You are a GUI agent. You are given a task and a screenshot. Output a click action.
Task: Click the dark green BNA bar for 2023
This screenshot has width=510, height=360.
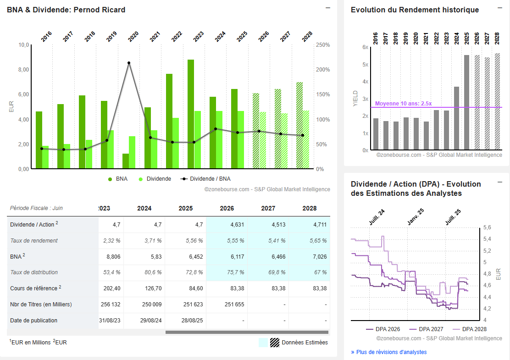pyautogui.click(x=191, y=114)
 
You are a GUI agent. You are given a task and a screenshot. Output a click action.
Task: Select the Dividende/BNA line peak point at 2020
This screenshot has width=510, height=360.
pyautogui.click(x=129, y=63)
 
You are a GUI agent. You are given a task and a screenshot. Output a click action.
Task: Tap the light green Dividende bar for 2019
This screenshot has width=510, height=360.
pyautogui.click(x=111, y=150)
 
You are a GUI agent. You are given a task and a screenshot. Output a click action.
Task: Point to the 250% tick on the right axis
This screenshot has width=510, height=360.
pyautogui.click(x=323, y=45)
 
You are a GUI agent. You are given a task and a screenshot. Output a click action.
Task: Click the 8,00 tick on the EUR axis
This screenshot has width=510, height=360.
pyautogui.click(x=23, y=70)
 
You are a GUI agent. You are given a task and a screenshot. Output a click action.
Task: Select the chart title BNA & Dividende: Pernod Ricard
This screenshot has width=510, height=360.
pyautogui.click(x=66, y=10)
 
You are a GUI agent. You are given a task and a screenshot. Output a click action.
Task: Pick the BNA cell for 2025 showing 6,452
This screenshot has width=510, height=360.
pyautogui.click(x=185, y=257)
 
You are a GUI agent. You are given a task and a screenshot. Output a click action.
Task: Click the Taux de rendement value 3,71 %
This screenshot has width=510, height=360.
pyautogui.click(x=144, y=241)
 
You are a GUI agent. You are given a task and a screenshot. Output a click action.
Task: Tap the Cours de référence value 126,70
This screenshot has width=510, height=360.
pyautogui.click(x=144, y=288)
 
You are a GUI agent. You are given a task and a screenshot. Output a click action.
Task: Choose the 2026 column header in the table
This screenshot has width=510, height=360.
pyautogui.click(x=227, y=208)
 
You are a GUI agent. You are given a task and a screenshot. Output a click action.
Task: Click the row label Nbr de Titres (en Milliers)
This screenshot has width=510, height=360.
pyautogui.click(x=41, y=305)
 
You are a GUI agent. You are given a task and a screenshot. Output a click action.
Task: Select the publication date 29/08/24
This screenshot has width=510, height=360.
pyautogui.click(x=144, y=321)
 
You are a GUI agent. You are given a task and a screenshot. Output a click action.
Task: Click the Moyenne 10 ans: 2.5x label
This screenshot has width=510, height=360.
pyautogui.click(x=403, y=104)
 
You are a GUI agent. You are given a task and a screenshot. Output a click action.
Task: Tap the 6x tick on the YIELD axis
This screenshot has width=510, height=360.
pyautogui.click(x=365, y=47)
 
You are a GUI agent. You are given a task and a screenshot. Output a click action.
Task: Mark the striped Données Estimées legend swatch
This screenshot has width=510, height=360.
pyautogui.click(x=275, y=343)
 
